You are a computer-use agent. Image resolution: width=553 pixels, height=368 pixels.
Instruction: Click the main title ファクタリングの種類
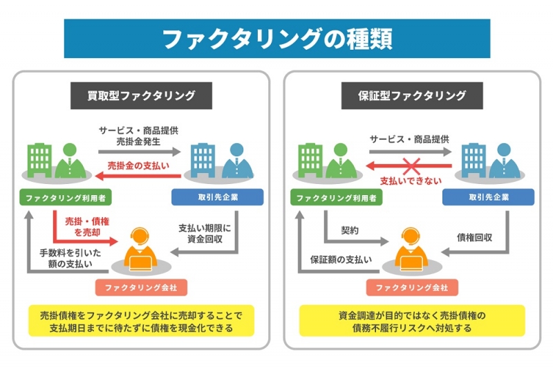tap(276, 38)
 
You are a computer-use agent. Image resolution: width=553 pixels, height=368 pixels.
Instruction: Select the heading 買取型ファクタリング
tap(141, 95)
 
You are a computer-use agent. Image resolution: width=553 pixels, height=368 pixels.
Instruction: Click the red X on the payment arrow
tap(411, 165)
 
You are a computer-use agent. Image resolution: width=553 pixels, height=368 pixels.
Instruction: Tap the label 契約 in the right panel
tap(350, 230)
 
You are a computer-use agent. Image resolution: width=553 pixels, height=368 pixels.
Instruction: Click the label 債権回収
tap(474, 237)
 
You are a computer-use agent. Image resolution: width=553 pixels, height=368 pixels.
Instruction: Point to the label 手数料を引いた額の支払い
tap(71, 258)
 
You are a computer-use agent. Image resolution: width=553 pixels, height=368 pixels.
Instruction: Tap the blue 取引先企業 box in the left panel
tap(217, 197)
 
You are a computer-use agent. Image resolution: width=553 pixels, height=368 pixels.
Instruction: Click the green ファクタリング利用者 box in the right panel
tap(337, 197)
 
